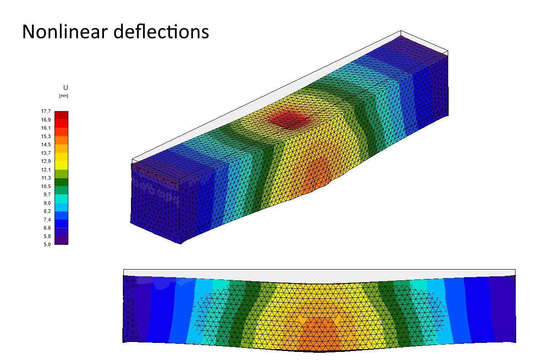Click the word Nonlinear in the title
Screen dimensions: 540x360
(65, 31)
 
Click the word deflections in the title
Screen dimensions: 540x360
(161, 31)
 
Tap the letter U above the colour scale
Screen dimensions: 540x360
(66, 88)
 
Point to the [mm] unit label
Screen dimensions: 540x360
(63, 96)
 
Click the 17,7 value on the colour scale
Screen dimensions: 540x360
(46, 111)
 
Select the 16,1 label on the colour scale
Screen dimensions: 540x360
(46, 128)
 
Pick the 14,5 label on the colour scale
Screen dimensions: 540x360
(46, 144)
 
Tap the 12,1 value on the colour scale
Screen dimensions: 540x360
(46, 170)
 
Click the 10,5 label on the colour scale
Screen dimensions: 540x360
(46, 186)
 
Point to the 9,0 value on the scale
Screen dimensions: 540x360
(47, 203)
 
